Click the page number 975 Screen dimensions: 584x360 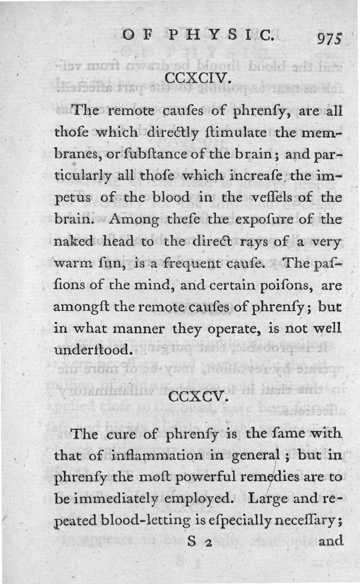330,39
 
